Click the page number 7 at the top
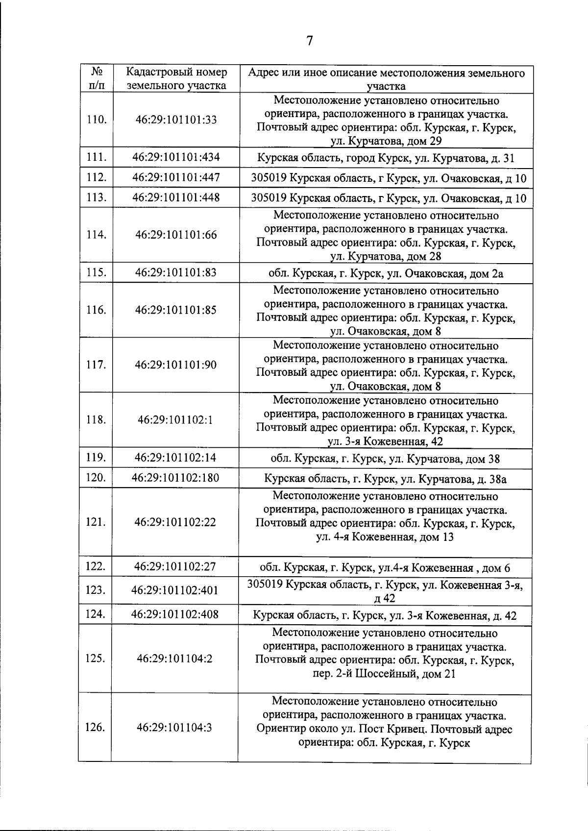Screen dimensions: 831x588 (309, 41)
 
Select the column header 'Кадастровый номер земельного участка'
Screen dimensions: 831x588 (176, 79)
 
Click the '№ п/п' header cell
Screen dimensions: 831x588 (97, 79)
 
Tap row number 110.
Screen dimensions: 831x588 (97, 120)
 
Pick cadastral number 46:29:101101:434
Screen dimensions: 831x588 (176, 157)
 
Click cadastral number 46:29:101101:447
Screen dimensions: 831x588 (176, 177)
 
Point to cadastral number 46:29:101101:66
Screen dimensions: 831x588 (176, 235)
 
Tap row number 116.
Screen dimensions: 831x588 (97, 310)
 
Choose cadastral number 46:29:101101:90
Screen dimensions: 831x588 (176, 365)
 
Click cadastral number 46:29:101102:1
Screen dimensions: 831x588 (175, 420)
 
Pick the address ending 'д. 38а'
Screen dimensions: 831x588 (385, 479)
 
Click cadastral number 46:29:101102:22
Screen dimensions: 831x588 (175, 522)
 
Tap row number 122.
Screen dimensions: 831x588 (96, 567)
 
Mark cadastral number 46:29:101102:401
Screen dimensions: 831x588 (175, 590)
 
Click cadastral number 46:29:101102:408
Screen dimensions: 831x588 (175, 614)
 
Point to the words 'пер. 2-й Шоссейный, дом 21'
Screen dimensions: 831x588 (385, 674)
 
